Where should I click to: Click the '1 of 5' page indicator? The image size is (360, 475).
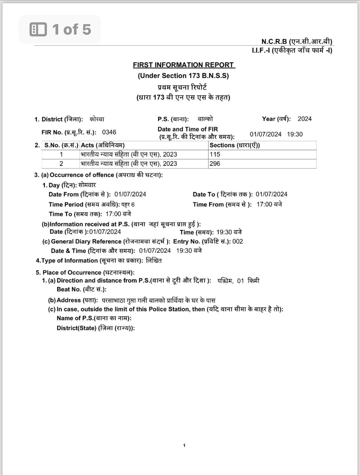click(71, 29)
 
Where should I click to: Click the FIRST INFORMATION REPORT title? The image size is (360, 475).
click(184, 65)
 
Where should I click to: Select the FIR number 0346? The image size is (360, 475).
click(109, 132)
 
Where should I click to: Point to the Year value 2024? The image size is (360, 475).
click(304, 119)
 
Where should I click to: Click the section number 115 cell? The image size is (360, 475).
click(215, 154)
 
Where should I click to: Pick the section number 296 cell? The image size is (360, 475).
click(215, 164)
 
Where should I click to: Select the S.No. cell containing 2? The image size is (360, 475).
click(61, 164)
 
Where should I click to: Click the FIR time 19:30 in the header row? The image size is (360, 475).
click(295, 134)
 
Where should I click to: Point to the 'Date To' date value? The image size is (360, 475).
click(271, 194)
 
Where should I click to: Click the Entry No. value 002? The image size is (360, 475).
click(238, 241)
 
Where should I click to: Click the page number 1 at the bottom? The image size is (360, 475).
click(184, 446)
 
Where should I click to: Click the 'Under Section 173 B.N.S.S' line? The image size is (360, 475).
click(183, 76)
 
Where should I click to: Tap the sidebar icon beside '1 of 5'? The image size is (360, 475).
click(38, 29)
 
